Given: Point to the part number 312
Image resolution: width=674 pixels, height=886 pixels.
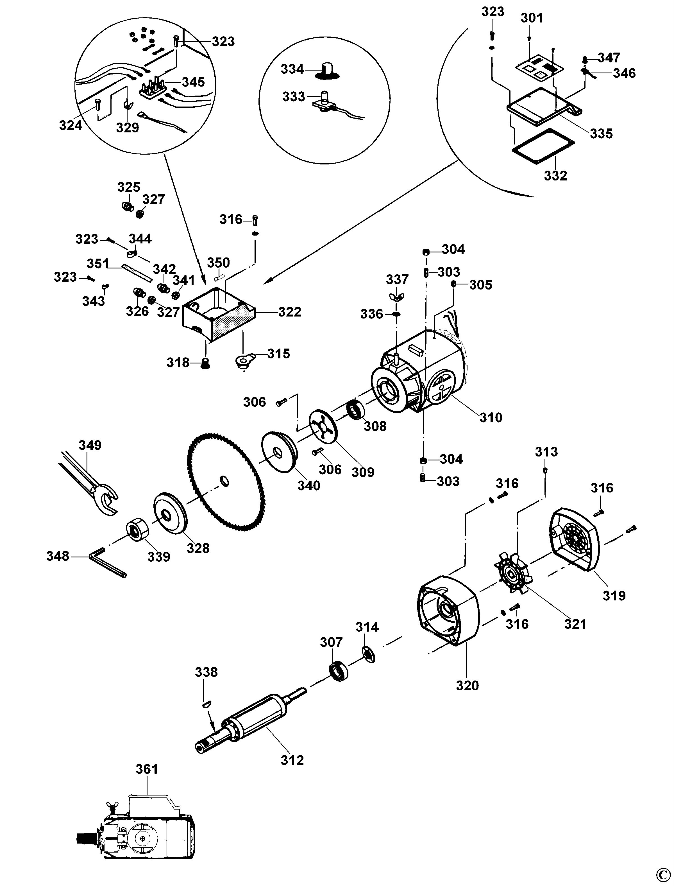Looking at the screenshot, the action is (292, 760).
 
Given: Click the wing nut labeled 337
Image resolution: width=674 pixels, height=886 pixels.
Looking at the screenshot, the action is (396, 297).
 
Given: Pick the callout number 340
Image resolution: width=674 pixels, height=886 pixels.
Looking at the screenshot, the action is (309, 486).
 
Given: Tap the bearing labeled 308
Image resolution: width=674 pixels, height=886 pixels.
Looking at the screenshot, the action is (355, 410).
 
